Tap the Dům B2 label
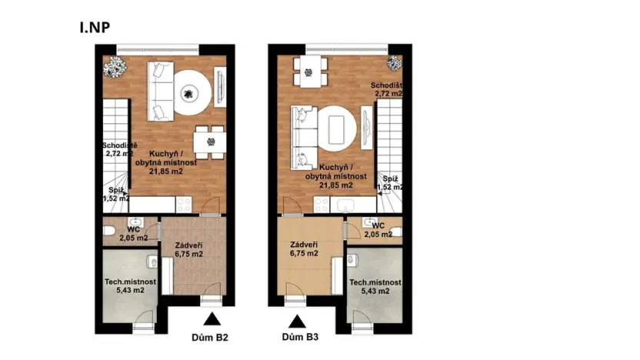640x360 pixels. (x=210, y=337)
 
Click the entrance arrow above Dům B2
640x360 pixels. (x=210, y=318)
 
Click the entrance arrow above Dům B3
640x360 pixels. (x=297, y=318)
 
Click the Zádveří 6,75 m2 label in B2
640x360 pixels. (x=187, y=248)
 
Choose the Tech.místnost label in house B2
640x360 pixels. (x=130, y=286)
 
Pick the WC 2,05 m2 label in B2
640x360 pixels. (x=133, y=234)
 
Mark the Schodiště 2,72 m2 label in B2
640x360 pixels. (x=118, y=148)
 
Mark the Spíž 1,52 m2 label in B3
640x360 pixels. (x=390, y=182)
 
